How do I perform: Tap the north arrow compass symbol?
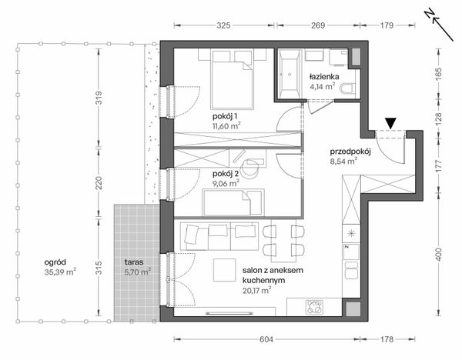coord(438,25)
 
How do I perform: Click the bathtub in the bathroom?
coord(290,73)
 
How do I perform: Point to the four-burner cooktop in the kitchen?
coord(315,307)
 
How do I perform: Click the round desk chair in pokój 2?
coord(249,168)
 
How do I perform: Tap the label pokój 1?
coord(225,117)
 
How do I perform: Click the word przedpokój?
coord(350,152)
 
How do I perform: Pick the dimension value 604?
coord(266,339)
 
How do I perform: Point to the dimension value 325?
coord(223,25)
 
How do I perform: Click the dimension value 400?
coord(439,255)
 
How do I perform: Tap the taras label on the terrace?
coord(134,262)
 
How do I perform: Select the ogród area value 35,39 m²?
coord(60,272)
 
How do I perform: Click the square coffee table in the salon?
coord(225,270)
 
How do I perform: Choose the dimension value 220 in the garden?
coord(99,183)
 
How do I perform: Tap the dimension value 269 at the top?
coord(318,25)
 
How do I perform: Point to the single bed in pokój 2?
coord(233,202)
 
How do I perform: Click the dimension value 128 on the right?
coord(439,118)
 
